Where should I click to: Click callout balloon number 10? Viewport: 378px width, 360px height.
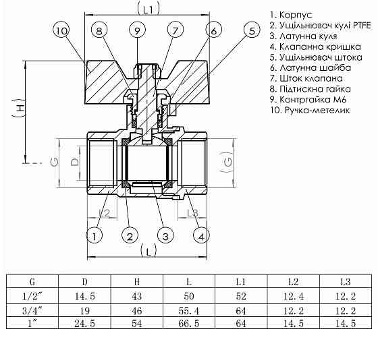[x=61, y=31]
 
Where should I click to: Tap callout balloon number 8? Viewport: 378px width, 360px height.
[x=99, y=31]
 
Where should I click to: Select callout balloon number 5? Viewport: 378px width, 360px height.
[x=251, y=31]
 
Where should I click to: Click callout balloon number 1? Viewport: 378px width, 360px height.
[x=94, y=235]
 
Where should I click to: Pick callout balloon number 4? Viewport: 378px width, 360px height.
[x=200, y=235]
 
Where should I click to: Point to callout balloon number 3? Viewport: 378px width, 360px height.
[x=164, y=235]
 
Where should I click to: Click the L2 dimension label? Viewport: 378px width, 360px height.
[x=103, y=213]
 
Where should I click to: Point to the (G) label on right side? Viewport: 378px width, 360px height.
[x=229, y=162]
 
